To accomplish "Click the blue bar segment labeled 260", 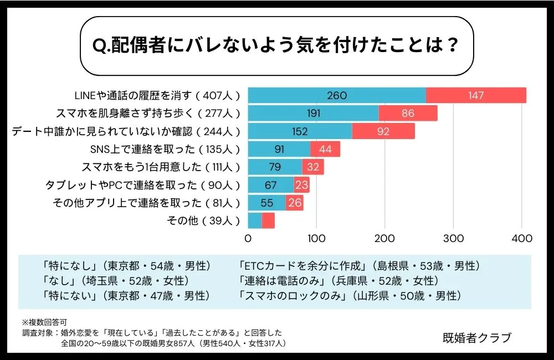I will [x=337, y=95].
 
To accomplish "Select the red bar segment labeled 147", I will [x=476, y=95].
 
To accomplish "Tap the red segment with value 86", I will [x=408, y=114].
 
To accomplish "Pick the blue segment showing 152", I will [x=300, y=131].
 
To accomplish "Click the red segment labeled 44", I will [x=325, y=149].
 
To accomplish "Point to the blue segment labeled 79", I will [x=275, y=167].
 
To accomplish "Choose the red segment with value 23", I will [x=301, y=185].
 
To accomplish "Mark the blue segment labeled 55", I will [x=266, y=203].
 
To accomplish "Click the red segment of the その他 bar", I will [x=268, y=220].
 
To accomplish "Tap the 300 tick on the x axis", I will [x=453, y=239].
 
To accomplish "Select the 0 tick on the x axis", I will [x=248, y=239].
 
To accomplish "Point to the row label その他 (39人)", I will [x=203, y=220].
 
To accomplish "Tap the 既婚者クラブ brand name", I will [x=478, y=337].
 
